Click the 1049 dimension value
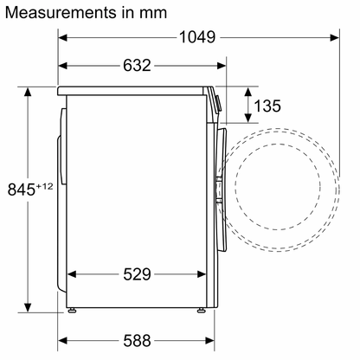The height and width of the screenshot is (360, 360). pos(197,37)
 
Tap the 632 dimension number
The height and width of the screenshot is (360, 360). pos(137,66)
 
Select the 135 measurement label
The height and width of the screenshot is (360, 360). pos(267,106)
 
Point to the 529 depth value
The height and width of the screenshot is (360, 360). pos(137,274)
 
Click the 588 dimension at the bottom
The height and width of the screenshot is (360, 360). pos(137,341)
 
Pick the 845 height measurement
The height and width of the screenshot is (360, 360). pos(22,190)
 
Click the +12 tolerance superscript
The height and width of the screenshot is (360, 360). pos(44,186)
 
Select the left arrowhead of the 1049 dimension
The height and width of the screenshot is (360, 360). pos(62,37)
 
